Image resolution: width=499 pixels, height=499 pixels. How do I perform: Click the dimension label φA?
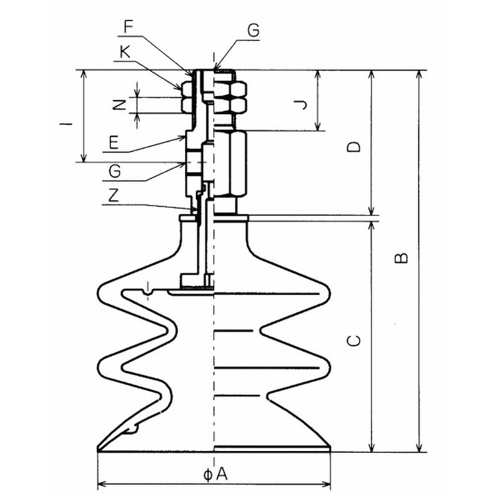click(215, 475)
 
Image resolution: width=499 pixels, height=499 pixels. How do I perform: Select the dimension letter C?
click(354, 341)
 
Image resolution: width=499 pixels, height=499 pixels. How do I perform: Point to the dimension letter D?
click(354, 147)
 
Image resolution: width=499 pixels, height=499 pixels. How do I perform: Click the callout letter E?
click(114, 142)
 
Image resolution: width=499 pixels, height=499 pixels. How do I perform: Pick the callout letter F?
click(128, 27)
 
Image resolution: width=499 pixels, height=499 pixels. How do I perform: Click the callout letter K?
click(125, 52)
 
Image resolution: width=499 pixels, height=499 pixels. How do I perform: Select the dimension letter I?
click(66, 123)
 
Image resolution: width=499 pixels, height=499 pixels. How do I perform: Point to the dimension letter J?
click(301, 104)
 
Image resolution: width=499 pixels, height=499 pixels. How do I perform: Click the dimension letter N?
click(120, 104)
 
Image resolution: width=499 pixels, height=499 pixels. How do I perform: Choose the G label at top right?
click(254, 31)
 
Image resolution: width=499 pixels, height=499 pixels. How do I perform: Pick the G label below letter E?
click(115, 172)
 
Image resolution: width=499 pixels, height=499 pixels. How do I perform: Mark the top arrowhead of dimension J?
click(317, 75)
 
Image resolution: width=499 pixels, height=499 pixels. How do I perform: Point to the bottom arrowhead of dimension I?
click(84, 158)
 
